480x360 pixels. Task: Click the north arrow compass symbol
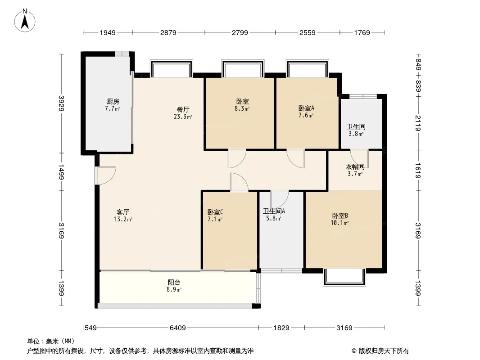pyautogui.click(x=26, y=20)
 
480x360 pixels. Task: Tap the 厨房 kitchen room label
pyautogui.click(x=113, y=105)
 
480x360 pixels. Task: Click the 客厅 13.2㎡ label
pyautogui.click(x=123, y=216)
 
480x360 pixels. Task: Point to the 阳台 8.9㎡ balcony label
pyautogui.click(x=174, y=286)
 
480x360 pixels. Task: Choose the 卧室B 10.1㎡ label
pyautogui.click(x=340, y=219)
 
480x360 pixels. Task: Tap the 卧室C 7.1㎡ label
pyautogui.click(x=215, y=216)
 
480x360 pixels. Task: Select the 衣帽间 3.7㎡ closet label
pyautogui.click(x=355, y=170)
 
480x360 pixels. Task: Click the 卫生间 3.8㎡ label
pyautogui.click(x=355, y=130)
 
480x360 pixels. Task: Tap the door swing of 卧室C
pyautogui.click(x=238, y=182)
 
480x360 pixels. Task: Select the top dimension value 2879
pyautogui.click(x=168, y=32)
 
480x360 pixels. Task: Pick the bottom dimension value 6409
pyautogui.click(x=178, y=328)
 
